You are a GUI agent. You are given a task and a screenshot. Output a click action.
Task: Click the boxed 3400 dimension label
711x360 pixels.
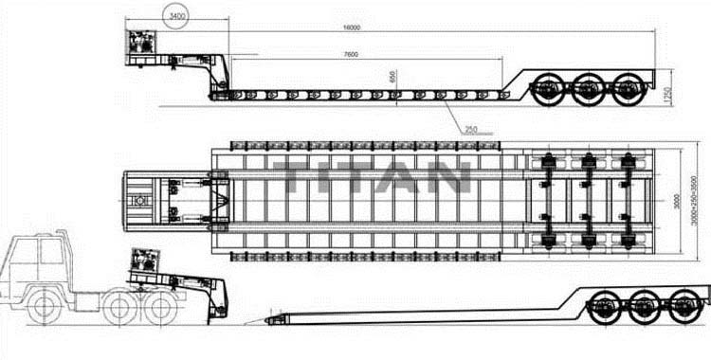pos(175,17)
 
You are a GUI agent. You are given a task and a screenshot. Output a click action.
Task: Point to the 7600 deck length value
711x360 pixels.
pos(351,55)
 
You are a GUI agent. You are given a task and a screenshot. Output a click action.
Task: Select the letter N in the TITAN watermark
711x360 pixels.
pos(449,177)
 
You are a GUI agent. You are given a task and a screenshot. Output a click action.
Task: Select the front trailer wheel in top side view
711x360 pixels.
pos(549,90)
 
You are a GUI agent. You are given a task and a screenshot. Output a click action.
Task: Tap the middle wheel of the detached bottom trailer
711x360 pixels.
pos(644,307)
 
